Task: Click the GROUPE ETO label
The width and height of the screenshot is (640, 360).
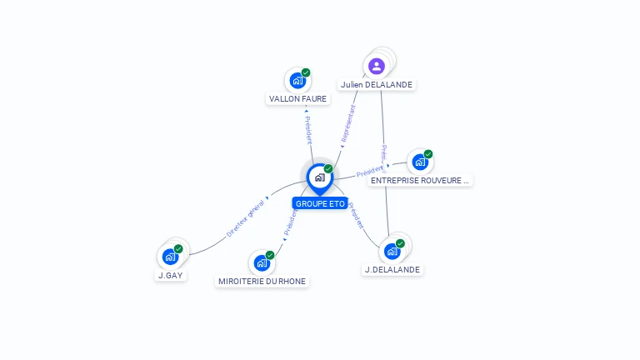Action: click(320, 203)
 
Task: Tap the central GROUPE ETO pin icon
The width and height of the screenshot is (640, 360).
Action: click(319, 177)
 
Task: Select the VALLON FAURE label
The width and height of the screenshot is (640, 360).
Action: click(298, 98)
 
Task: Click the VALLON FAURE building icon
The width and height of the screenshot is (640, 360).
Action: click(297, 81)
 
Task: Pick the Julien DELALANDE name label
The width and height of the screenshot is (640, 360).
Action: click(377, 84)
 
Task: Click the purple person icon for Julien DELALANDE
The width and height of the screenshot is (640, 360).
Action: click(377, 66)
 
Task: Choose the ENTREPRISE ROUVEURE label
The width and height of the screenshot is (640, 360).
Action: click(420, 180)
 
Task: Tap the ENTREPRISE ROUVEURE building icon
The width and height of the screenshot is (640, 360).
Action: click(419, 162)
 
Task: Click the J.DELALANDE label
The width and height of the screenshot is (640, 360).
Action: click(392, 269)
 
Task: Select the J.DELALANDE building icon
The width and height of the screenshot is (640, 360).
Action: click(392, 251)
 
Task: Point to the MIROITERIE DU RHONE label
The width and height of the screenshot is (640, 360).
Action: click(262, 282)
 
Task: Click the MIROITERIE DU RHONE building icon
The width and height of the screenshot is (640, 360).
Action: click(262, 263)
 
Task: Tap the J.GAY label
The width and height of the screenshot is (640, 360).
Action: click(171, 275)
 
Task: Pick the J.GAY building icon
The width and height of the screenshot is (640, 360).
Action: click(170, 257)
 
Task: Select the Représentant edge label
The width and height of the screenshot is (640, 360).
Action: click(348, 125)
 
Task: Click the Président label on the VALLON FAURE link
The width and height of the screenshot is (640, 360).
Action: click(308, 130)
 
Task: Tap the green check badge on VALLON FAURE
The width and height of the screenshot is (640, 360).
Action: click(306, 73)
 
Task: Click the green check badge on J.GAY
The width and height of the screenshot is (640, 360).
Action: click(178, 248)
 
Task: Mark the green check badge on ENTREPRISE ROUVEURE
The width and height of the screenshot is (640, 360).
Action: click(428, 154)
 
